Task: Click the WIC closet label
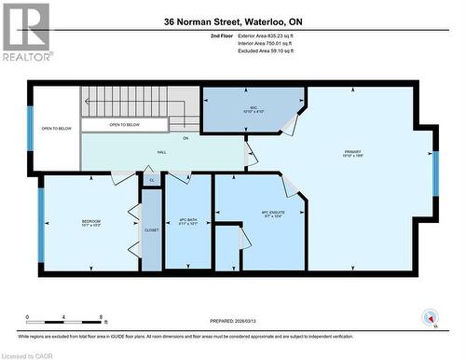pyautogui.click(x=254, y=109)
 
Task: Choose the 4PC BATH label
pyautogui.click(x=187, y=222)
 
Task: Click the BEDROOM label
pyautogui.click(x=90, y=222)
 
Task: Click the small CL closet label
pyautogui.click(x=151, y=179)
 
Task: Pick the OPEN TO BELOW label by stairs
pyautogui.click(x=124, y=124)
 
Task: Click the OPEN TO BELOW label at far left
pyautogui.click(x=56, y=129)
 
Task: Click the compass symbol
pyautogui.click(x=431, y=317)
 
